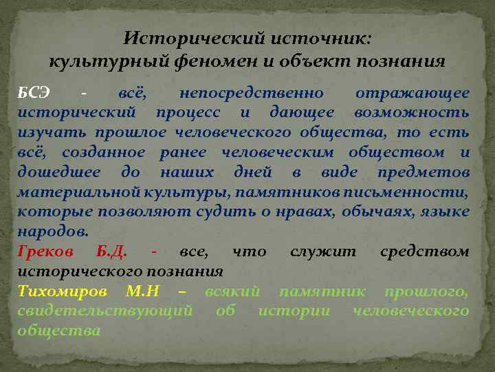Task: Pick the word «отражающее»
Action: click(x=412, y=93)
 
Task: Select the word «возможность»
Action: click(x=412, y=112)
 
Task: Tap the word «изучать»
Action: click(x=47, y=132)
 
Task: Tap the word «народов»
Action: click(x=52, y=231)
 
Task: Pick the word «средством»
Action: click(x=424, y=251)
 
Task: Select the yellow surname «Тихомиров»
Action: click(x=61, y=291)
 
